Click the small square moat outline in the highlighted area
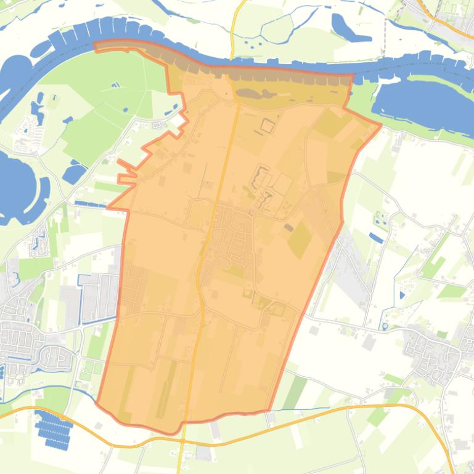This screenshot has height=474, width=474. click(268, 126)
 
